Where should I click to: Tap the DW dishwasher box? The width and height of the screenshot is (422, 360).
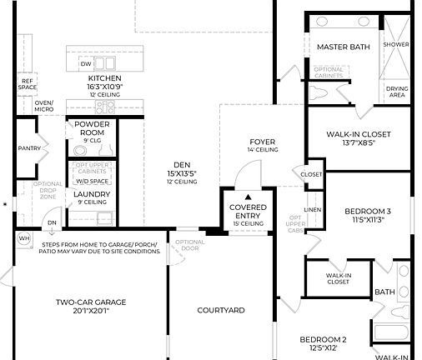coord(86,63)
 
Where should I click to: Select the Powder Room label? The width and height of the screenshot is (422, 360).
coord(92,128)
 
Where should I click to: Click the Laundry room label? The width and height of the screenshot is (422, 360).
coord(92,194)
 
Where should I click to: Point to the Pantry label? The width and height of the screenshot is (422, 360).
coord(29,148)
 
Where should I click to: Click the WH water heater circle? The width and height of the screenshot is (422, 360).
coord(23,237)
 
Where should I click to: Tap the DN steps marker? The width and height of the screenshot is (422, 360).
coord(52,222)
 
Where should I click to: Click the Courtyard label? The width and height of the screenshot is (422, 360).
coord(220,310)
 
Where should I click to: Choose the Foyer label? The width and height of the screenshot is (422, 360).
coord(262,142)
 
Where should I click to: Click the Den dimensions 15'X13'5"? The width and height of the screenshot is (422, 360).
coord(181,173)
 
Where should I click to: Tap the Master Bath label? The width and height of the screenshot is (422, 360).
coord(342,47)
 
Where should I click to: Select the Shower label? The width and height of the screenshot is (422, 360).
coord(396,43)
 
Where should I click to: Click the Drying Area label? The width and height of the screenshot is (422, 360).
coord(396,92)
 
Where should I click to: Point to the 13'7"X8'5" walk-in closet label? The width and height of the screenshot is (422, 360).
coord(358,143)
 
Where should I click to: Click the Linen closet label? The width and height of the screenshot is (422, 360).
coord(313,209)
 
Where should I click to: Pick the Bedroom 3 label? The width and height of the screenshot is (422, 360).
coord(368,211)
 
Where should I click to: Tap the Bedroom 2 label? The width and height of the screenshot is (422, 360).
coord(323,339)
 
